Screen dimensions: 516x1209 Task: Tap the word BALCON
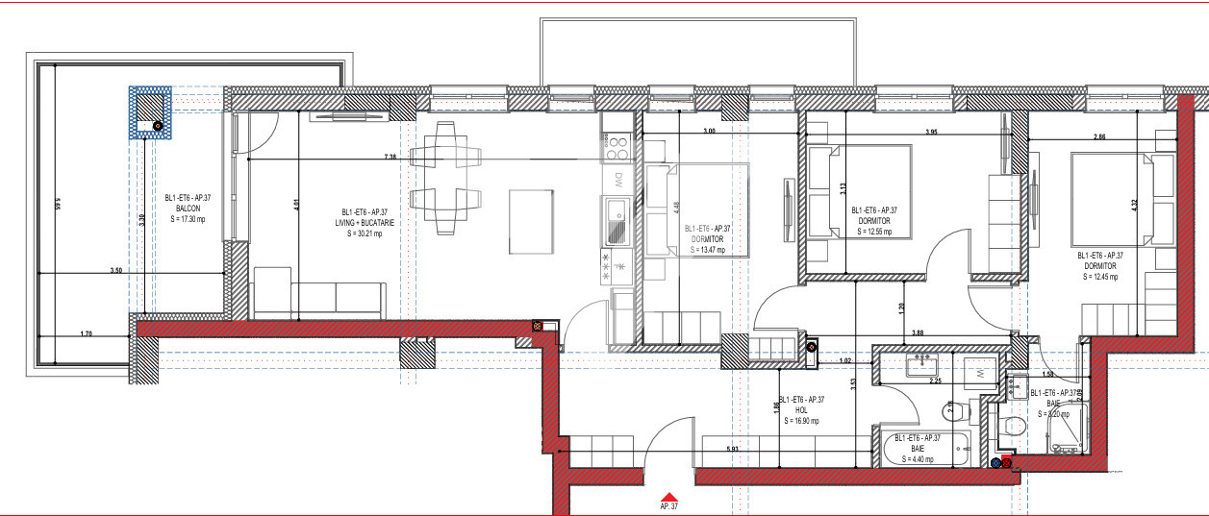coord(187,209)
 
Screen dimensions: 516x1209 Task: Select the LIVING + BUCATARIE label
coord(367,222)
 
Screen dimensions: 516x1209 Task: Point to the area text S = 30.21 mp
coord(365,232)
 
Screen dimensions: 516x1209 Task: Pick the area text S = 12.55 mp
coord(873,232)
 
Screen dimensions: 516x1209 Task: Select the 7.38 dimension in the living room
coord(390,156)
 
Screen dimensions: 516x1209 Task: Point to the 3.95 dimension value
coord(931,131)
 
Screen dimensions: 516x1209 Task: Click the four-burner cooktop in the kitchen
coord(616,149)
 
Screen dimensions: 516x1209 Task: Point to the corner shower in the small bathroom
coord(1063,430)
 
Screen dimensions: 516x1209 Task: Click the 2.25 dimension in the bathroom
coord(933,381)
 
